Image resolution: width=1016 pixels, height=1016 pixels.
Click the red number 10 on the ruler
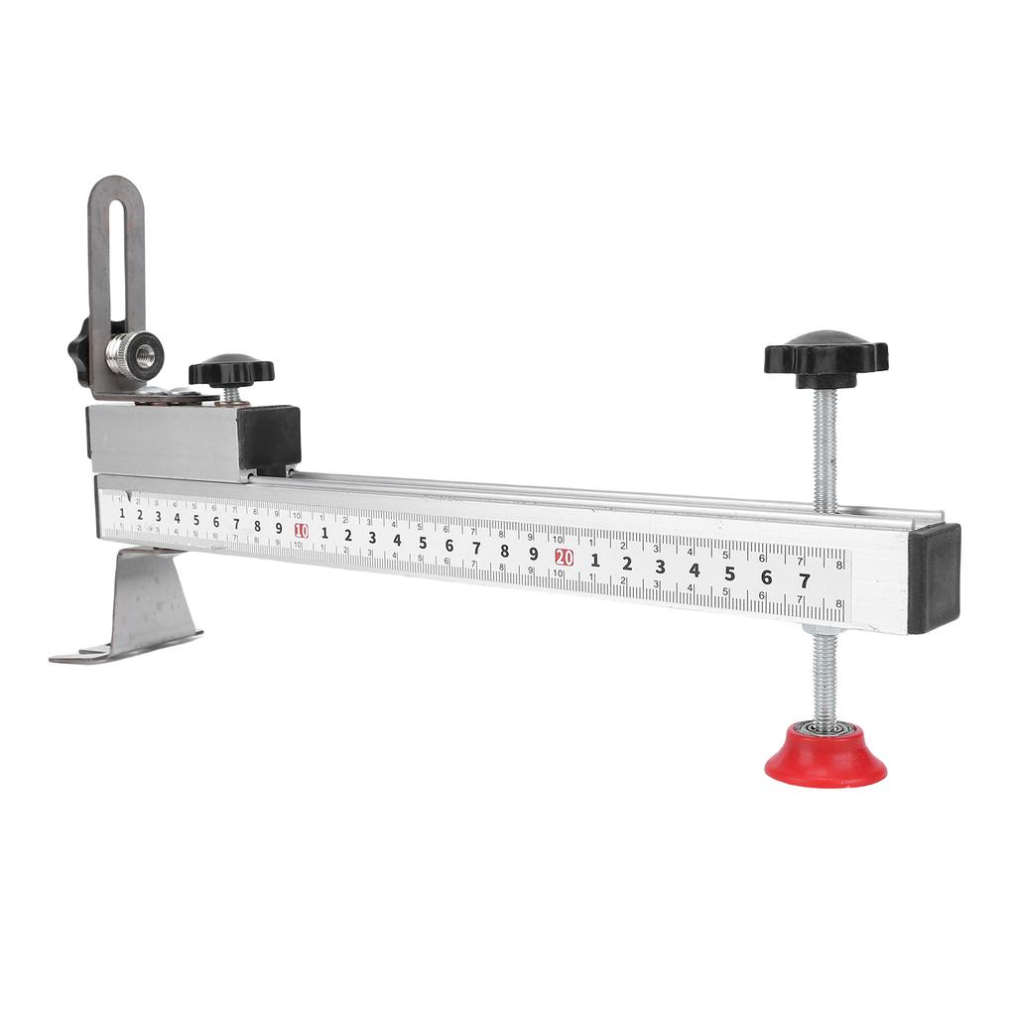point(302,531)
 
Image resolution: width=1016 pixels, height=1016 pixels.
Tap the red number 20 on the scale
point(565,557)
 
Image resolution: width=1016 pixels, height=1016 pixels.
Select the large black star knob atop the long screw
point(825,358)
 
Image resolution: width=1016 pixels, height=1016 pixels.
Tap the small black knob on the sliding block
point(231,371)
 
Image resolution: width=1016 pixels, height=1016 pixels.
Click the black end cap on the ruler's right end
point(934,577)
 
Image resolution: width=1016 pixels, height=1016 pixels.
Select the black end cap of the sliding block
point(269,438)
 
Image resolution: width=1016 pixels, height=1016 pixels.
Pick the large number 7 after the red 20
point(804,581)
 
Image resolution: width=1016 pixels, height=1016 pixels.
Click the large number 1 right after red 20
point(595,560)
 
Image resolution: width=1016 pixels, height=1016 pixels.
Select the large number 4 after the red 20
point(695,571)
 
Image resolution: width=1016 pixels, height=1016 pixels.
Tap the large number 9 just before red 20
point(534,554)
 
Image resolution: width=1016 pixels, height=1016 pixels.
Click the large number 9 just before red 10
point(279,528)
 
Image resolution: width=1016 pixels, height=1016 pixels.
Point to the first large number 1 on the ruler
point(122,513)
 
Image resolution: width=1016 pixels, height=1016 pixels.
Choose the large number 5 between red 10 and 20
point(423,543)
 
